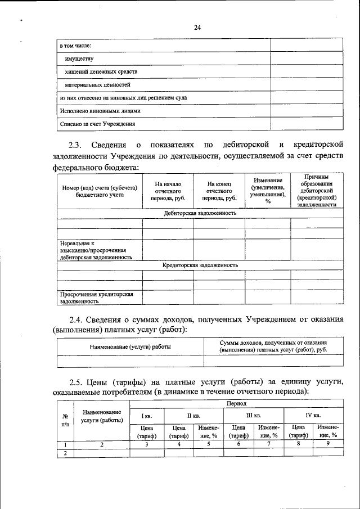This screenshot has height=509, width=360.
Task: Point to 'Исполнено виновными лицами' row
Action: (96, 111)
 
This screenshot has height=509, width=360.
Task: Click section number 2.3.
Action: (76, 145)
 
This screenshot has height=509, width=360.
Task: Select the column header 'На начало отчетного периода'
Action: (168, 191)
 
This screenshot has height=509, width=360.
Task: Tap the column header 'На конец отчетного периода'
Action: (219, 191)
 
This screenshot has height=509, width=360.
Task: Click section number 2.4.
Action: (76, 319)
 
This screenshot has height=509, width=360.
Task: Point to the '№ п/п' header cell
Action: (64, 420)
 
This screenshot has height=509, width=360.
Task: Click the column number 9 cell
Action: (327, 444)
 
